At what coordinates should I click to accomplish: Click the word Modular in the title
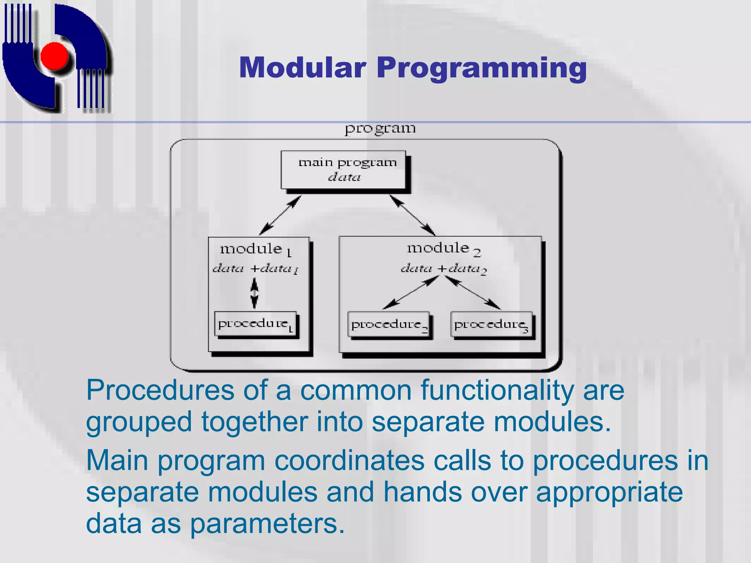click(303, 68)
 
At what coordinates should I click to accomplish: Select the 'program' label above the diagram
click(380, 129)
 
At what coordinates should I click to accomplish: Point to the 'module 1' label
click(256, 250)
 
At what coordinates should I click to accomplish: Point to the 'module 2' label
click(443, 249)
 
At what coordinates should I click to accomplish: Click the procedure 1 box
click(256, 324)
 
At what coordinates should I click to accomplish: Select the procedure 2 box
click(388, 325)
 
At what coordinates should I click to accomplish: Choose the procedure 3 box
click(491, 325)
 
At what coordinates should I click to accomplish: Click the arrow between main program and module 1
click(280, 215)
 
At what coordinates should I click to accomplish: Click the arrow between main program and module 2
click(412, 215)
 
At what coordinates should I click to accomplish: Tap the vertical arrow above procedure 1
click(254, 293)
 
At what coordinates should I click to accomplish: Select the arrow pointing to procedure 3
click(473, 293)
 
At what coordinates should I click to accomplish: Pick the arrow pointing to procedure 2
click(410, 293)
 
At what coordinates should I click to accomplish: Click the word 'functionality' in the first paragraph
click(497, 390)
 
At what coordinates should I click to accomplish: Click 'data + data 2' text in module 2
click(443, 269)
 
